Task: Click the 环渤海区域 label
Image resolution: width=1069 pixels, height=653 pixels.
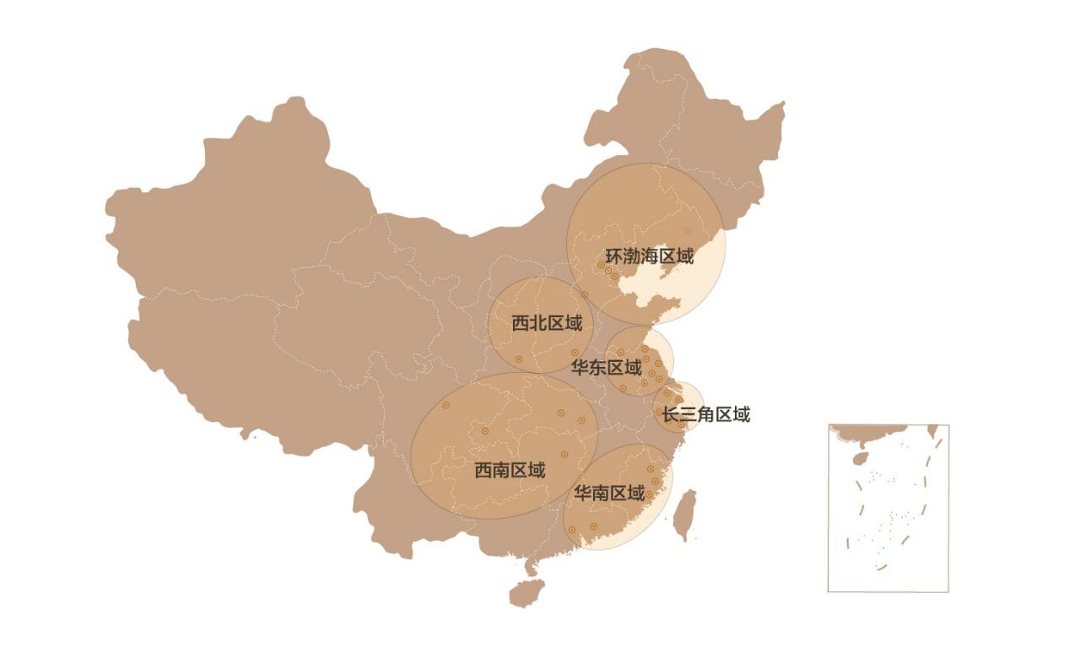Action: coord(649,256)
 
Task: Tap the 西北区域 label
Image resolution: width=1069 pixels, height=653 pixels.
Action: coord(547,322)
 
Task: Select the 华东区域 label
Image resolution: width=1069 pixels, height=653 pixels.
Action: coord(606,368)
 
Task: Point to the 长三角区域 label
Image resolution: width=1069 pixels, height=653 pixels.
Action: coord(705,414)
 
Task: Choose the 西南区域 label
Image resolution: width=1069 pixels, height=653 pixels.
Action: coord(510,470)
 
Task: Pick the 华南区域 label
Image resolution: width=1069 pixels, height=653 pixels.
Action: coord(609,493)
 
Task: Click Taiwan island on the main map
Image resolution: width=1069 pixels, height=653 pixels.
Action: coord(684,514)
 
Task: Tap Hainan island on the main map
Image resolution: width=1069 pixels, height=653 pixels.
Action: coord(526,593)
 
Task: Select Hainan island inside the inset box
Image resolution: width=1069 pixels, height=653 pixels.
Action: coord(861,458)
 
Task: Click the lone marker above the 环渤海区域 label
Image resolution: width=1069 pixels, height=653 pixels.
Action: coord(687,230)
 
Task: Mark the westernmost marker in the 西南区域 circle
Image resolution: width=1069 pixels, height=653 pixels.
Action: coord(446,405)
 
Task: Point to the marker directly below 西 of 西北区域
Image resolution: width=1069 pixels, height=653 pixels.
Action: coord(519,359)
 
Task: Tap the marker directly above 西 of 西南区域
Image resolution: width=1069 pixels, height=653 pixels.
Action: coord(484,431)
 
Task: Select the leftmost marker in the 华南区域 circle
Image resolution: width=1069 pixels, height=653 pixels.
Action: coord(572,530)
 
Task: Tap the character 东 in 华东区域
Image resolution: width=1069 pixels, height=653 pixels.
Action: coord(606,368)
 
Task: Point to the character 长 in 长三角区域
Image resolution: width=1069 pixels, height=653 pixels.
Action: coord(670,414)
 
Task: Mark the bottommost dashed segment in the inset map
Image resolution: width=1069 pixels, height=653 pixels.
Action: coord(883,567)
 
